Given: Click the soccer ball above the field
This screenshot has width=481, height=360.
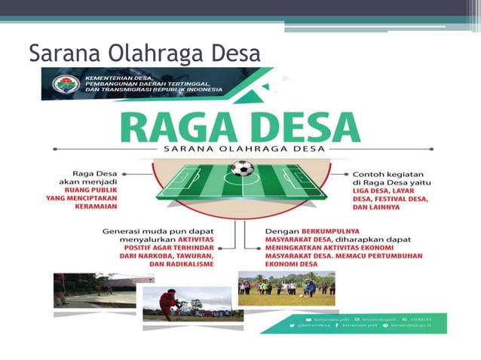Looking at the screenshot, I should click(x=242, y=167).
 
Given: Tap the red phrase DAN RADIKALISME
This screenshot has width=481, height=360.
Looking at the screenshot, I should click(x=179, y=264).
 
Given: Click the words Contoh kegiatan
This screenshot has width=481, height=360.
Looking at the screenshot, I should click(x=389, y=172).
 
